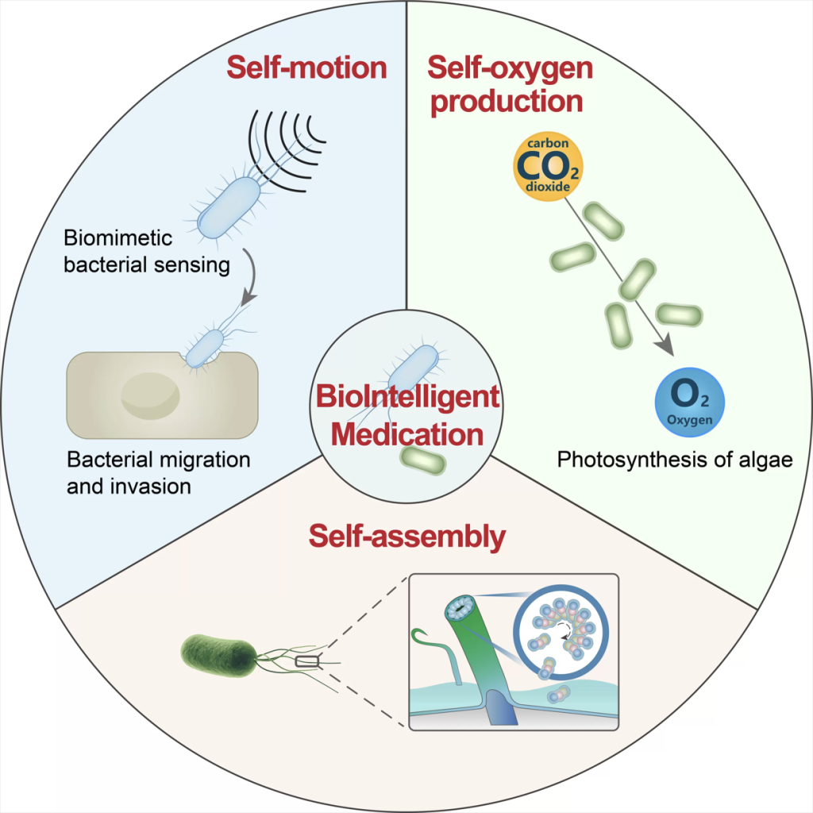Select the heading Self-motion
pyautogui.click(x=306, y=67)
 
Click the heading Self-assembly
pyautogui.click(x=406, y=537)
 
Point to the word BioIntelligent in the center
pyautogui.click(x=406, y=395)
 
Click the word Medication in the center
pyautogui.click(x=407, y=433)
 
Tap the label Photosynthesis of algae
pyautogui.click(x=676, y=460)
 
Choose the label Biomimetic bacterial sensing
pyautogui.click(x=147, y=251)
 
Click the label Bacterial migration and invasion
pyautogui.click(x=159, y=472)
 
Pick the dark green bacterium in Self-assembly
pyautogui.click(x=218, y=653)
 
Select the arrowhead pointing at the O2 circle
pyautogui.click(x=665, y=347)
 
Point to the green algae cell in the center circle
pyautogui.click(x=422, y=460)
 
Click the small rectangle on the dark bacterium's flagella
pyautogui.click(x=306, y=660)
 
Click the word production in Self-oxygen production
pyautogui.click(x=506, y=102)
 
